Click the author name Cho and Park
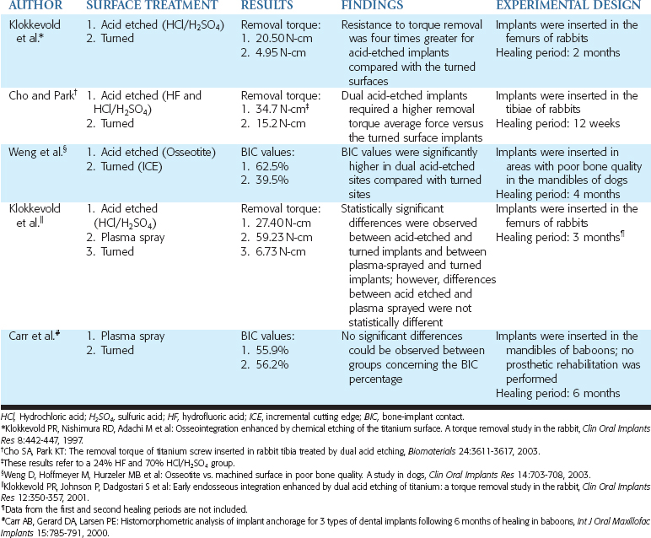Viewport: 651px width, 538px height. [x=39, y=96]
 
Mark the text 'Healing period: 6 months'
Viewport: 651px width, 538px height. [x=557, y=391]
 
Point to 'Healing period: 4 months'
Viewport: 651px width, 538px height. [x=557, y=193]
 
